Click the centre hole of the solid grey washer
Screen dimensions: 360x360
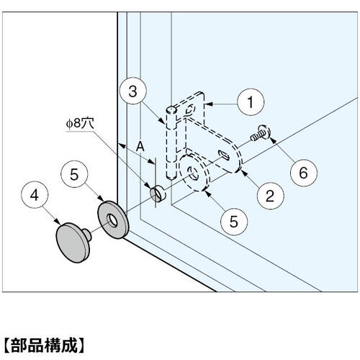click(111, 219)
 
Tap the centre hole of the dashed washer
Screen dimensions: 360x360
click(193, 173)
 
